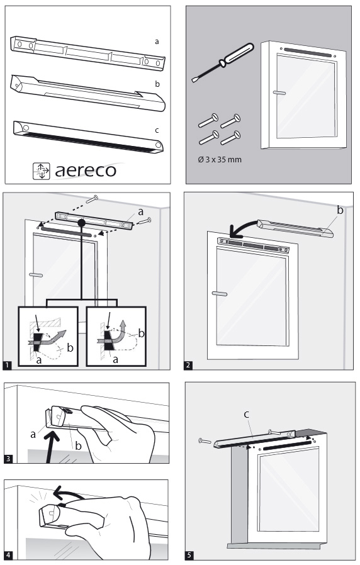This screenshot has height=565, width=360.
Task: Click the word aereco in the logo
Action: [86, 171]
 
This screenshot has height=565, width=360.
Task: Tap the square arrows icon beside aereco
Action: [41, 171]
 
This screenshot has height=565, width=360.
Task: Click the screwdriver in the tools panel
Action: [223, 62]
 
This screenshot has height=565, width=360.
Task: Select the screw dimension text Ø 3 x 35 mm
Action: [220, 159]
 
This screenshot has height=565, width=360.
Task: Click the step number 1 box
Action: [7, 366]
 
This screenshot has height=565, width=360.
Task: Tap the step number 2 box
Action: [188, 366]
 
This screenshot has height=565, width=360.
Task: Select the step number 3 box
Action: [8, 459]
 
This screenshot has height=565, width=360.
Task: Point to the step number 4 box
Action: [8, 556]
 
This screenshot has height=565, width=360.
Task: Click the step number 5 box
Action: [189, 556]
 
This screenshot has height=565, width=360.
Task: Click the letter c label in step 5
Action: [247, 415]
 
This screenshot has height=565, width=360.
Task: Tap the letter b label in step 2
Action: [340, 210]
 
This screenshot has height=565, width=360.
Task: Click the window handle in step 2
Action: [220, 294]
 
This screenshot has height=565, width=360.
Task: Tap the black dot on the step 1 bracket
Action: [82, 223]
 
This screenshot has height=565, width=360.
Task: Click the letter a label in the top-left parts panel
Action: [157, 42]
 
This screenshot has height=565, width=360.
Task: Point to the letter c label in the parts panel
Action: [157, 130]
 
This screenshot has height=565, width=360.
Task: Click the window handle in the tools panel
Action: [279, 92]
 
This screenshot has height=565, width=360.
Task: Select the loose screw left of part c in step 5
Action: [205, 440]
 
